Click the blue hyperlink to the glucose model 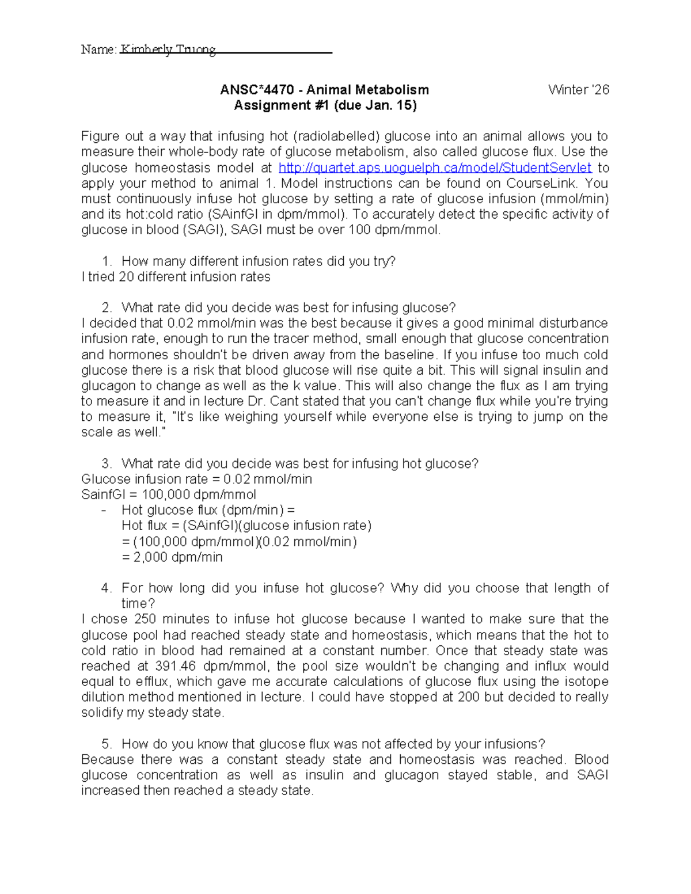pos(435,168)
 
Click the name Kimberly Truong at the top pos(168,50)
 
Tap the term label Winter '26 pos(578,90)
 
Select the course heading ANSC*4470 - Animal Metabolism pos(324,90)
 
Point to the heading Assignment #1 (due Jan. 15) pos(325,105)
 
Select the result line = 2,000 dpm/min pos(172,557)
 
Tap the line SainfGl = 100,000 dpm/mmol pos(169,494)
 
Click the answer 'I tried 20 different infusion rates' pos(176,277)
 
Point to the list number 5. pos(105,744)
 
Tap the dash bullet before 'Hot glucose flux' pos(104,510)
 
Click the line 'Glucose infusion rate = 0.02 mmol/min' pos(196,479)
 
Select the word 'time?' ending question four pos(138,603)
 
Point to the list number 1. pos(105,261)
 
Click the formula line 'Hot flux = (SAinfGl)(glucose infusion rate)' pos(246,526)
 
